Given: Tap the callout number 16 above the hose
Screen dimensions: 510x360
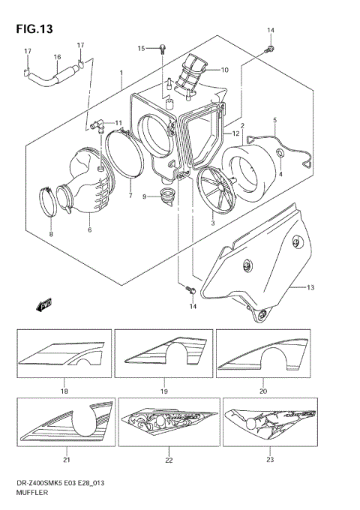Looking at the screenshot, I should click(x=57, y=57).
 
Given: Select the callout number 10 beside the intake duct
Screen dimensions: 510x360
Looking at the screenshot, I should click(x=223, y=70).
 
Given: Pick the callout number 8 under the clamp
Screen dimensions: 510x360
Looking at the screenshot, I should click(x=50, y=235).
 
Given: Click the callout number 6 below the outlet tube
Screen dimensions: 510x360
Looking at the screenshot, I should click(x=89, y=229).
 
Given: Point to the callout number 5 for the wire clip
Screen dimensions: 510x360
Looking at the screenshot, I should click(x=274, y=120).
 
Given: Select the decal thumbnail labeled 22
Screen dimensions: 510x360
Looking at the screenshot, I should click(x=169, y=421).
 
